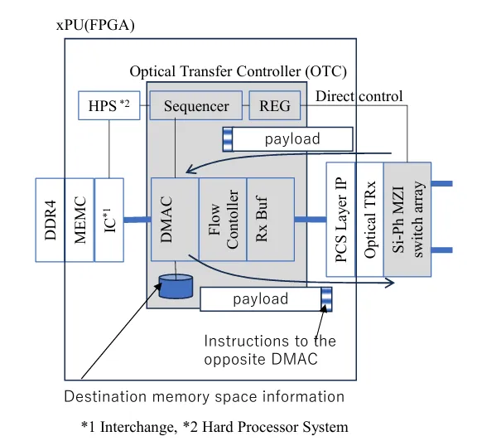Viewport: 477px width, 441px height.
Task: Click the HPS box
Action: point(109,105)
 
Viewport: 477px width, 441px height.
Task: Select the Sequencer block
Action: point(196,105)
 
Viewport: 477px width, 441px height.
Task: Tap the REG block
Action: point(275,105)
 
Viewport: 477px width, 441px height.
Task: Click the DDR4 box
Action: point(50,220)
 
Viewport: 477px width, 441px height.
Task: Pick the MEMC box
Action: point(79,220)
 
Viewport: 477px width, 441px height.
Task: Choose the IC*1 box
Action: point(109,220)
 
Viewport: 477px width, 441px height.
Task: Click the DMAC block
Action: point(175,220)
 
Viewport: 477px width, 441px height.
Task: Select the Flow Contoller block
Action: point(223,220)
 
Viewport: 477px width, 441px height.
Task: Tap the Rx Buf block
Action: point(271,220)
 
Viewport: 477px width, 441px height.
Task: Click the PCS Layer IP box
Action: point(340,220)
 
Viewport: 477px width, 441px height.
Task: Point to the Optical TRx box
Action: point(369,220)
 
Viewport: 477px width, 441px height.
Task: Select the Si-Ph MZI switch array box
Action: point(407,220)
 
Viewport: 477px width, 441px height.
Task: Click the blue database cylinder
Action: point(176,286)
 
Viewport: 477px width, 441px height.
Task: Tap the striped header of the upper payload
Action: point(228,139)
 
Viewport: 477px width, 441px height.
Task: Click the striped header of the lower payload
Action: point(327,299)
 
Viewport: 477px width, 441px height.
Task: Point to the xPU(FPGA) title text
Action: point(95,25)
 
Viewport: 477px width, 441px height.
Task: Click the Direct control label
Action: point(359,96)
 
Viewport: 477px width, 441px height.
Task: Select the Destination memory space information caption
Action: point(204,396)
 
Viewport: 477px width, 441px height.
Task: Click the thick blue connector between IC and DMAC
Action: point(137,220)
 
